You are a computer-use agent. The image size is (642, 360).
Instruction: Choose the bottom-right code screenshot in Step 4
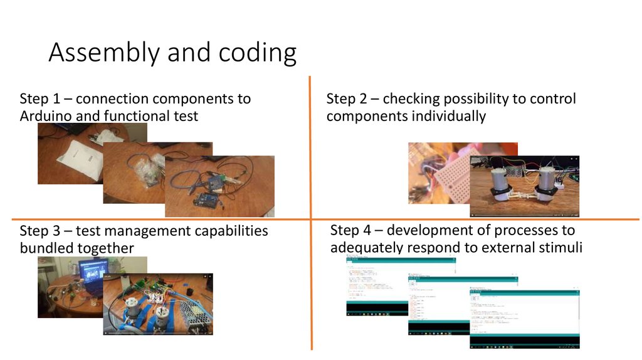pyautogui.click(x=524, y=317)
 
